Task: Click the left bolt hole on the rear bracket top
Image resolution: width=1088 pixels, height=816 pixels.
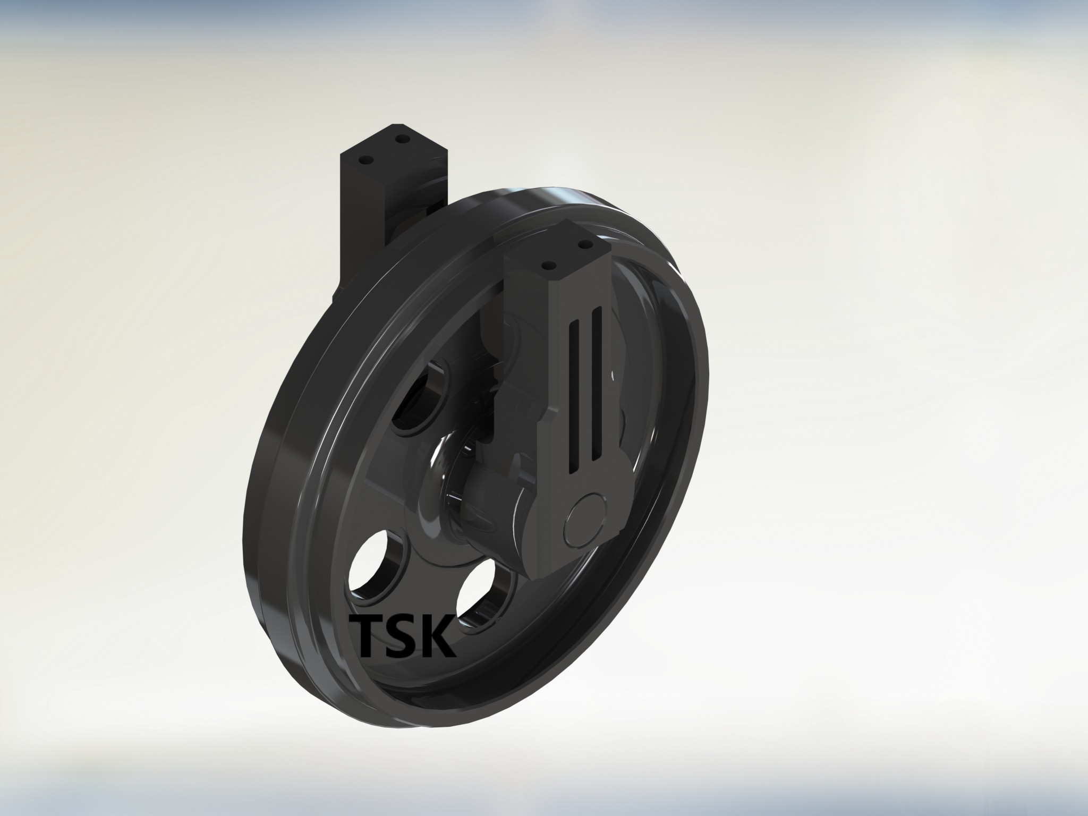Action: click(364, 160)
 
